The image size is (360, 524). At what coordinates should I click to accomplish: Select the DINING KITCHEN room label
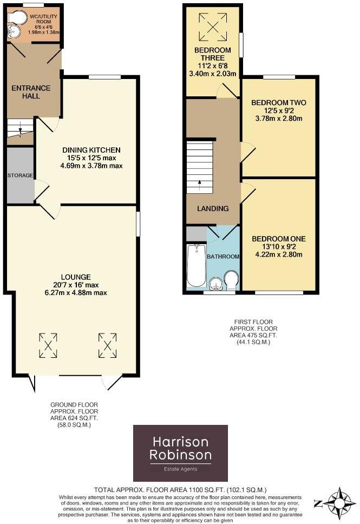tap(91, 150)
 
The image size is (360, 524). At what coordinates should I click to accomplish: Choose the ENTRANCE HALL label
tap(31, 93)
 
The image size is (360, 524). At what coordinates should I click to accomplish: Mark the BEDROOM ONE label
tap(279, 239)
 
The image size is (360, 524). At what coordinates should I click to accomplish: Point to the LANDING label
tap(213, 208)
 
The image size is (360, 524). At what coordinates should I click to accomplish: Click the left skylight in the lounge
tap(48, 345)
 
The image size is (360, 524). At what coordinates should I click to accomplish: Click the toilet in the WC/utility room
tap(18, 18)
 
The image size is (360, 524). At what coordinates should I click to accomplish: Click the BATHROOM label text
tap(223, 257)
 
